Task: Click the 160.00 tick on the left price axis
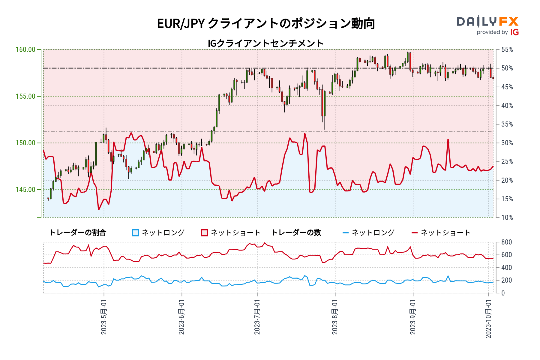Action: coord(25,49)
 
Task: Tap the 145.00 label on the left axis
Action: coord(25,190)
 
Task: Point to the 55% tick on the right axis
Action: coord(507,49)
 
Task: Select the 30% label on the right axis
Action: coord(507,143)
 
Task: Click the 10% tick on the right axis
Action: coord(507,217)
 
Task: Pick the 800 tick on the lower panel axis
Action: coord(507,242)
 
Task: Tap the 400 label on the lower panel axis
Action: coord(507,268)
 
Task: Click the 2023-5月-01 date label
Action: coord(104,317)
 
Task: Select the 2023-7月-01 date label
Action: coord(257,317)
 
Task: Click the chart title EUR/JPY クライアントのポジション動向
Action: coord(266,23)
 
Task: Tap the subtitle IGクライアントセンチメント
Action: coord(266,43)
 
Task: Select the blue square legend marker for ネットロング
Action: coord(136,233)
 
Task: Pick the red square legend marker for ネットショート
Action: coord(205,233)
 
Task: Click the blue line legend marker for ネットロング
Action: coord(346,233)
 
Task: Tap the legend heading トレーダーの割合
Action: coord(77,233)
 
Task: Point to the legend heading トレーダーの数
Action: coord(296,233)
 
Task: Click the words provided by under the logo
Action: coord(492,32)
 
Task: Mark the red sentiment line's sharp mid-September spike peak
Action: coord(448,139)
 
